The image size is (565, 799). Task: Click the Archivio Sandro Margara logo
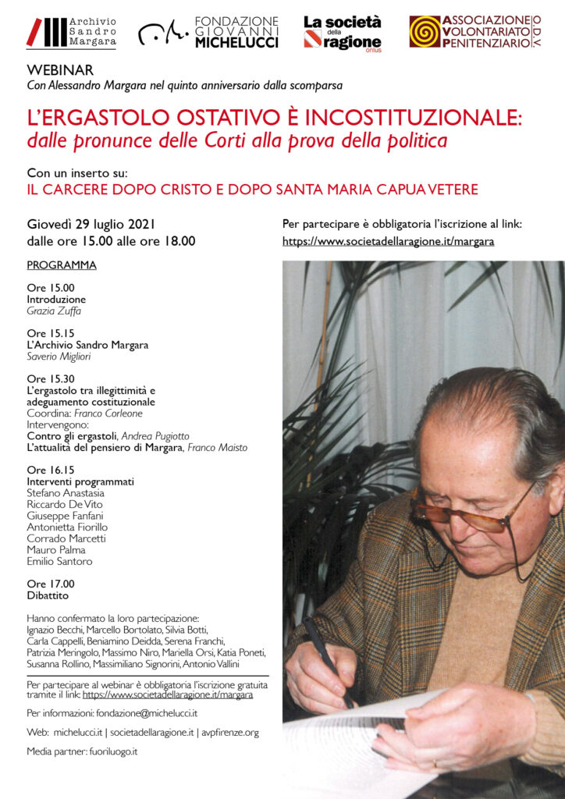click(72, 31)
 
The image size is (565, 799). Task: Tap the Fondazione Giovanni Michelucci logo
click(208, 32)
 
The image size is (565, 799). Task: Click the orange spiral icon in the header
click(425, 31)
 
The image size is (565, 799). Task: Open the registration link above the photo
click(388, 241)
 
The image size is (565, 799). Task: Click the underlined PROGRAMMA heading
click(62, 265)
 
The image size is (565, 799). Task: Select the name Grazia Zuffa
click(54, 311)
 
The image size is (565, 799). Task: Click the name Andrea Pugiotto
click(155, 436)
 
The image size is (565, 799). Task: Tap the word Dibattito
click(48, 595)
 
